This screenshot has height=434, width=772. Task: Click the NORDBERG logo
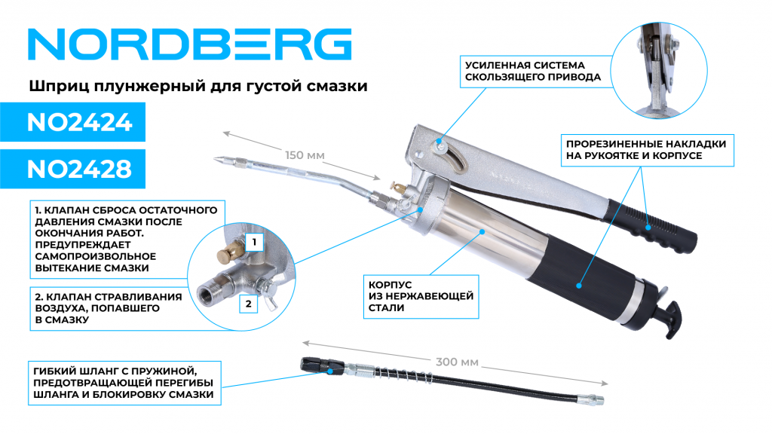[189, 44]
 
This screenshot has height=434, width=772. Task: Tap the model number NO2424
[79, 122]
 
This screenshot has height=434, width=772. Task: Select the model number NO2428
[79, 169]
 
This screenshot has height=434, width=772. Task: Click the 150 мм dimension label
[305, 155]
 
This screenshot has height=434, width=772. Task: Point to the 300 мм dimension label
[457, 362]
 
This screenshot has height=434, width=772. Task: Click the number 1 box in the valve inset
[254, 242]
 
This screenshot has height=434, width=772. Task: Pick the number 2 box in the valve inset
[249, 304]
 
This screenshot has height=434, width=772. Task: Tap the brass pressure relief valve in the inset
[229, 252]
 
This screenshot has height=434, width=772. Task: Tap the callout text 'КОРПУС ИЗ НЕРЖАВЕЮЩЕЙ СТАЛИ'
[421, 296]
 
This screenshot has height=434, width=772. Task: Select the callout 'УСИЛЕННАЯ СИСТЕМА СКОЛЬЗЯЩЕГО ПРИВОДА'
[533, 72]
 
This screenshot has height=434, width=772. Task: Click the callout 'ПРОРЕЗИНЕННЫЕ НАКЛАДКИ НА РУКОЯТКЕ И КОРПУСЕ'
[646, 150]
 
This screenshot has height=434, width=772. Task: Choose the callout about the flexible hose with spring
[124, 383]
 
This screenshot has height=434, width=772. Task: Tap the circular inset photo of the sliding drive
[659, 70]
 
